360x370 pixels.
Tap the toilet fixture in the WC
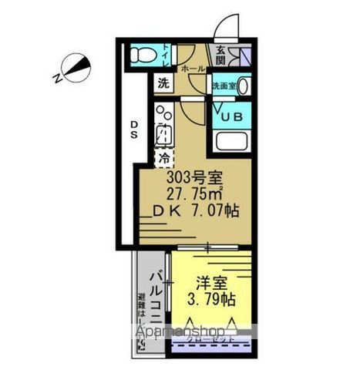(x=142, y=55)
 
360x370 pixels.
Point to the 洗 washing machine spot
(x=164, y=82)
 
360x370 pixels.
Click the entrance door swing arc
(x=224, y=29)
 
